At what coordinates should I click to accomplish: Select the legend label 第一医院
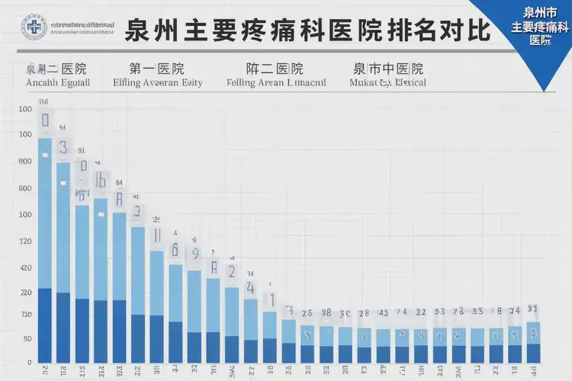click(x=157, y=69)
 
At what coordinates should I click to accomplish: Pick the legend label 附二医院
click(x=275, y=69)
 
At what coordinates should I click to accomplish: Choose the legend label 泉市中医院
click(x=388, y=69)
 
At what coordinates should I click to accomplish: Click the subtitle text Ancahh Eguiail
click(x=57, y=82)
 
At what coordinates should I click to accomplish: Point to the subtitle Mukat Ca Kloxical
click(x=388, y=82)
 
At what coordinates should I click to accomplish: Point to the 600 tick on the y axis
click(x=25, y=162)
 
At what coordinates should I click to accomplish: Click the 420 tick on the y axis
click(x=25, y=268)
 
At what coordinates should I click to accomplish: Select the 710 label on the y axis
click(x=25, y=315)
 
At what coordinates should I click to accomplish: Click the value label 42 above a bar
click(x=384, y=312)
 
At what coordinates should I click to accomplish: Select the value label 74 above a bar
click(x=403, y=312)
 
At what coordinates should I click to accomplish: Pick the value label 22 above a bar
click(x=421, y=312)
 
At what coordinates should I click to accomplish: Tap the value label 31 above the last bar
click(x=533, y=309)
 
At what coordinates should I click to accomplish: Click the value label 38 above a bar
click(x=326, y=312)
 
